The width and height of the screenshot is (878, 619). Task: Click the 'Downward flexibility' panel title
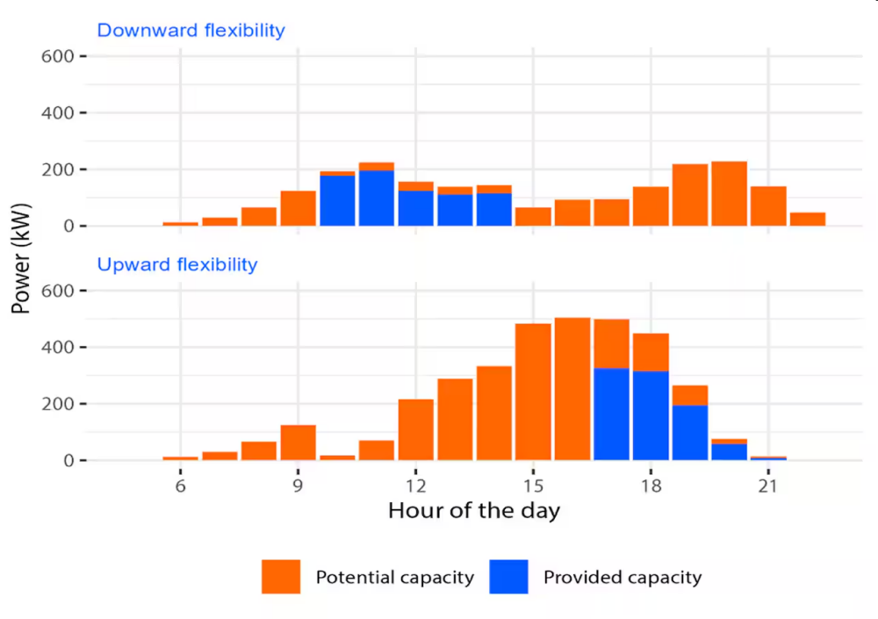point(191,31)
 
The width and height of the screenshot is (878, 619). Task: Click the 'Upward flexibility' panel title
point(176,264)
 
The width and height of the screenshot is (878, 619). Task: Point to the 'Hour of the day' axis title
point(473,510)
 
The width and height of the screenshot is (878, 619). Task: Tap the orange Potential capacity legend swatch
point(281,577)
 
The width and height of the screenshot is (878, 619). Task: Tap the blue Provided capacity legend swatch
point(508,577)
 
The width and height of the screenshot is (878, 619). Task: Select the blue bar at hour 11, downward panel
point(376,198)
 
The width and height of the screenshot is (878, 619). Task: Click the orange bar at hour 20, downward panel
point(729,194)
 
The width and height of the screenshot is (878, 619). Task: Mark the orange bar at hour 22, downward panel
point(808,220)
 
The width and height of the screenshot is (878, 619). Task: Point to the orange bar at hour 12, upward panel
point(415,429)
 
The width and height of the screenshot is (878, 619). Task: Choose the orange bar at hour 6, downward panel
point(180,224)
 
